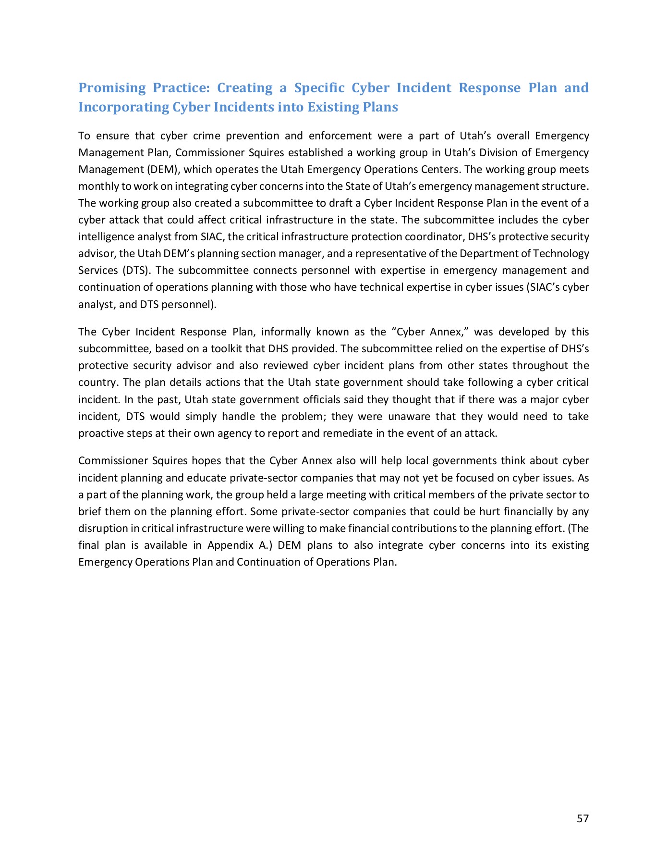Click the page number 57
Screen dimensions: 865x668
(583, 818)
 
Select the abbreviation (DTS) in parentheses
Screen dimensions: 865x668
(134, 270)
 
